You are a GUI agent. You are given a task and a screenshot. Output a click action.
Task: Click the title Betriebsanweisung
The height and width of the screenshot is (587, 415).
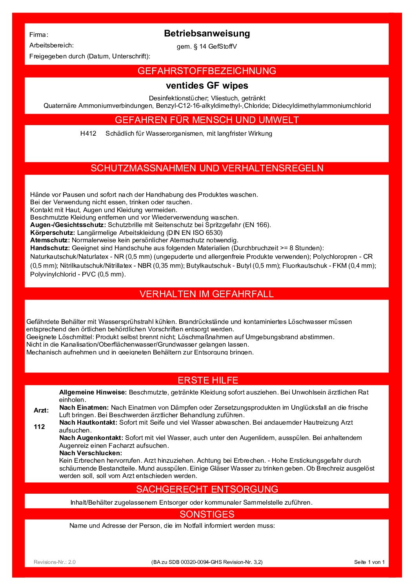click(207, 34)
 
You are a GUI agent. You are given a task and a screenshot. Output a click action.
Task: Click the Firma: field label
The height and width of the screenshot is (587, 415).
click(39, 35)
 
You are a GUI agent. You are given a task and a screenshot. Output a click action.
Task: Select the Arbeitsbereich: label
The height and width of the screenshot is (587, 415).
click(51, 45)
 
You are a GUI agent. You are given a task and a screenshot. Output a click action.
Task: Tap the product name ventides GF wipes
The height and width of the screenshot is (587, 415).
click(207, 85)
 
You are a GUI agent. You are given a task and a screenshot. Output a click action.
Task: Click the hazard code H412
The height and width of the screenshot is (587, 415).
click(88, 134)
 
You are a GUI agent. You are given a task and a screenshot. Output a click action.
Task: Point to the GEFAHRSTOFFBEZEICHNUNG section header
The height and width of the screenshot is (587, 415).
click(207, 71)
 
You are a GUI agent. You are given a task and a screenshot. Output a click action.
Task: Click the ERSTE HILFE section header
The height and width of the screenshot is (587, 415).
click(208, 380)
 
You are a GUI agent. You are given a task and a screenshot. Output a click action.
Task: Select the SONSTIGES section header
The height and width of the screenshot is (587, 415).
click(207, 514)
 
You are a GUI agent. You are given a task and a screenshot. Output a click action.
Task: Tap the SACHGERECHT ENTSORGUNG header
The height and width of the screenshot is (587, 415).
click(207, 489)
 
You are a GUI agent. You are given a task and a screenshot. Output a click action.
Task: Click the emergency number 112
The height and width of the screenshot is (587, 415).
click(39, 427)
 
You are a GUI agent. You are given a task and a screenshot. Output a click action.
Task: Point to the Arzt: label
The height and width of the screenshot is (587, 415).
click(41, 411)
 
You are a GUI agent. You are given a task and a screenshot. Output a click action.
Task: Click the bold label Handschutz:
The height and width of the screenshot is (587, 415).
click(50, 248)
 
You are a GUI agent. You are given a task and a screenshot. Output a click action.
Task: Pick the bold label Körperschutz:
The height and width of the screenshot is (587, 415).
click(53, 233)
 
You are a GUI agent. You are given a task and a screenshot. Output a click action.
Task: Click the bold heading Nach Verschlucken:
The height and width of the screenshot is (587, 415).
click(91, 453)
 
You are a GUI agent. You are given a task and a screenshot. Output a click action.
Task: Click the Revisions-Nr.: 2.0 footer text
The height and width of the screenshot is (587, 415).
click(55, 562)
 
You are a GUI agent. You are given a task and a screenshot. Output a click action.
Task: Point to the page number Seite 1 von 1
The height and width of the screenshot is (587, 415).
click(369, 562)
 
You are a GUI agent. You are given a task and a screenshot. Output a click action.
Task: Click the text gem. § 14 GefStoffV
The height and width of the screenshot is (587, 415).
click(207, 47)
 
